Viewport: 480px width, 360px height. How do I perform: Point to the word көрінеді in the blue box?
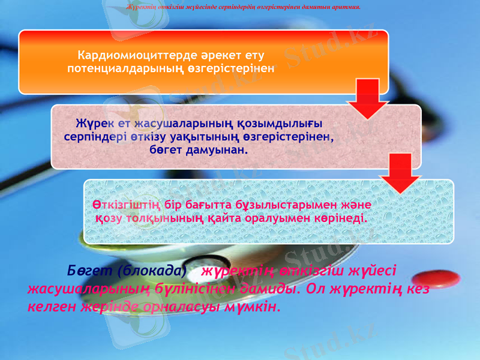tap(340, 217)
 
